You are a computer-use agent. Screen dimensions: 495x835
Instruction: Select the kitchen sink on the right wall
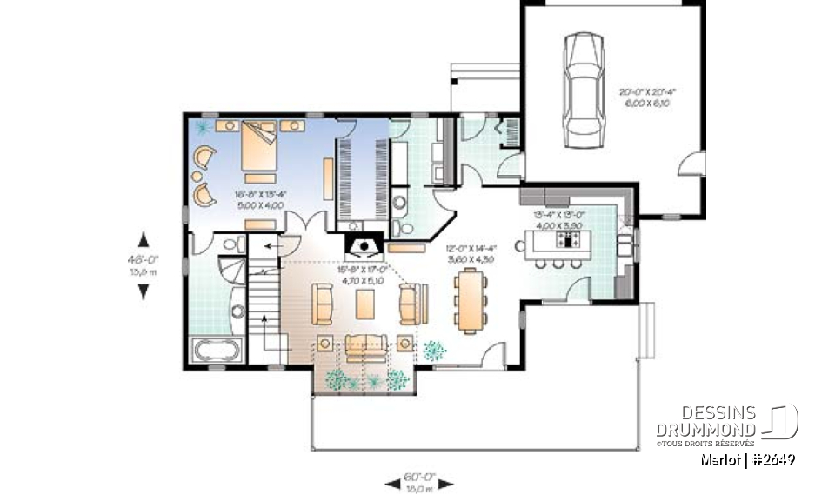[x=626, y=235]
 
